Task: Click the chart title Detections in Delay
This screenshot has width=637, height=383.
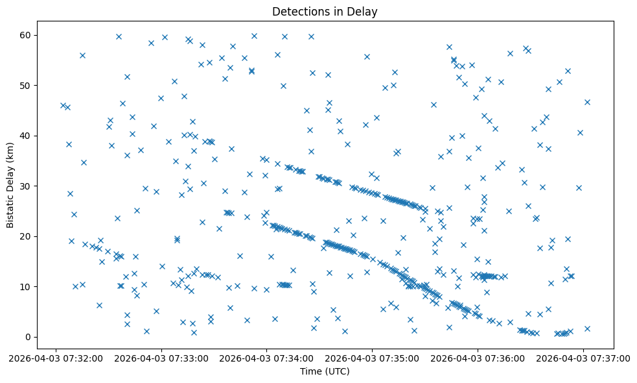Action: pos(325,12)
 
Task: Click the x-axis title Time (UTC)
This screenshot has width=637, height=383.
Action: pos(325,371)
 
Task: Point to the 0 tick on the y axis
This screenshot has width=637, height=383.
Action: pos(29,337)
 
